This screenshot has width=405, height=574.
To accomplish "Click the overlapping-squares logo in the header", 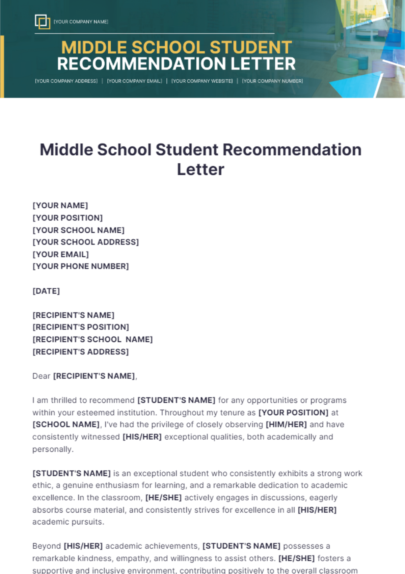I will click(43, 22).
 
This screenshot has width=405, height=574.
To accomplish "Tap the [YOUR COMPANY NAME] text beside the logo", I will click(81, 22).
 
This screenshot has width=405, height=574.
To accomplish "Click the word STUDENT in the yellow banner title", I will click(250, 47).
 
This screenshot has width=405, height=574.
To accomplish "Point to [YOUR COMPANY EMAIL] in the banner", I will click(134, 81).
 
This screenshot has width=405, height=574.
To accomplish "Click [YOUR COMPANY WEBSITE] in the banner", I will click(202, 81).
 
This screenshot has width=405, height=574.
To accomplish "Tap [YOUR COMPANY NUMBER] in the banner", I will click(272, 81).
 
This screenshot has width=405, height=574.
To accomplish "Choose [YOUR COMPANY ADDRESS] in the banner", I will click(66, 81).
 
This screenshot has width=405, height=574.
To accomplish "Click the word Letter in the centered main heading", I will click(200, 169).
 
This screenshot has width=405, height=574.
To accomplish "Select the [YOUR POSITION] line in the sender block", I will click(67, 218).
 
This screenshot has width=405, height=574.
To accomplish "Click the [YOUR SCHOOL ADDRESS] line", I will click(85, 242).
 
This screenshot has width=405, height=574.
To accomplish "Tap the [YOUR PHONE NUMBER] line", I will click(81, 266).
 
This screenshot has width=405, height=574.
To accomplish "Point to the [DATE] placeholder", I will click(46, 291).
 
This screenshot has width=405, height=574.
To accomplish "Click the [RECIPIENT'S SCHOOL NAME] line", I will click(92, 339).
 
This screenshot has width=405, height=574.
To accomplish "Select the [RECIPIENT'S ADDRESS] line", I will click(81, 352).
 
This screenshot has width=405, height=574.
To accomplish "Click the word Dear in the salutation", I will click(41, 376).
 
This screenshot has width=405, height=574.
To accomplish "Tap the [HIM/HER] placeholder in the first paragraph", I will click(286, 424).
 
